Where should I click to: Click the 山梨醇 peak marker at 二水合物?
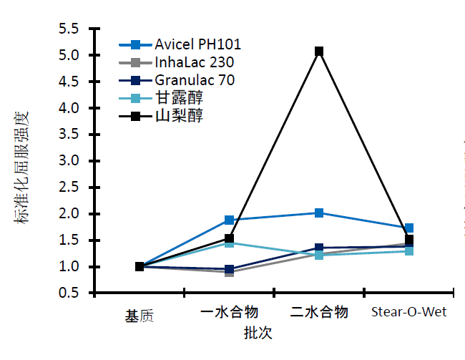tap(319, 52)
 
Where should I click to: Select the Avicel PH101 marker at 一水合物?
tap(229, 220)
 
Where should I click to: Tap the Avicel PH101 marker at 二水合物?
tap(319, 213)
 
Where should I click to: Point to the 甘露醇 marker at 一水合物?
tap(229, 243)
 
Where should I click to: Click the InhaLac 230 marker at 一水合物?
tap(229, 272)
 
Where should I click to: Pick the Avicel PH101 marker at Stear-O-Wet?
tap(409, 228)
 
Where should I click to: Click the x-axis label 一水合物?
tap(230, 313)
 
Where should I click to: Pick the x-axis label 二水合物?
tap(320, 313)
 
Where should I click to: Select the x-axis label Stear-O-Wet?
tap(409, 313)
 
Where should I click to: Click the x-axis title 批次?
tap(258, 334)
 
